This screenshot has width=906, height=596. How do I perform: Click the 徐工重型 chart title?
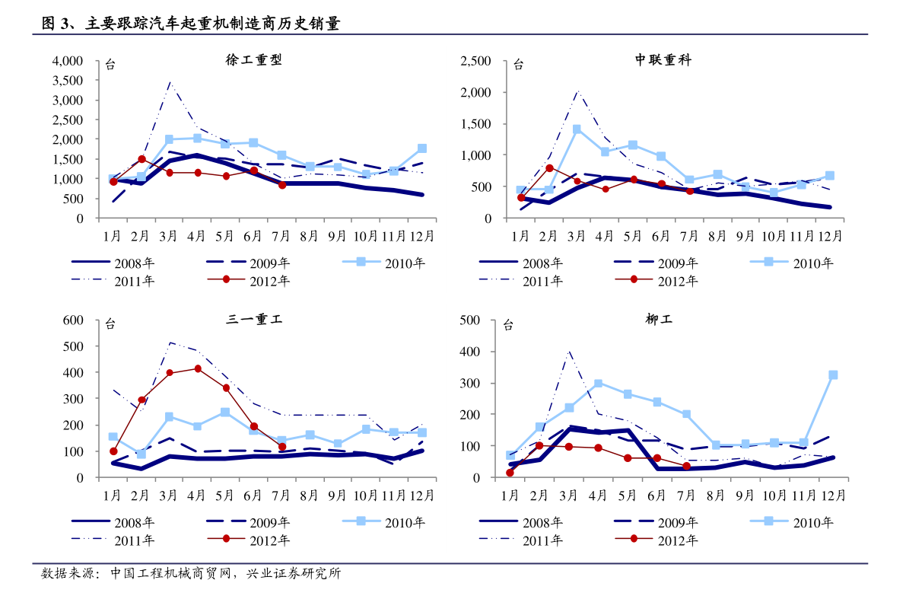click(x=253, y=59)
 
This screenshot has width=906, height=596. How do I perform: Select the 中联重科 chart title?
click(x=663, y=59)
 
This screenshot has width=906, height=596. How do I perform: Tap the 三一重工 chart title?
click(x=253, y=319)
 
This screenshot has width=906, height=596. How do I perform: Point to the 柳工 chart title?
click(x=659, y=319)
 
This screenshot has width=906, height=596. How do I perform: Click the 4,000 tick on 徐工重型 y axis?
click(x=68, y=62)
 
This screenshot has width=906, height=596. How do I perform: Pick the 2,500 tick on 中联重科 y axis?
click(x=475, y=62)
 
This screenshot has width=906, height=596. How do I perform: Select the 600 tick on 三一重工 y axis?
click(x=73, y=320)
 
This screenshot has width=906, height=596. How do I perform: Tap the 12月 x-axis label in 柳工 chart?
click(x=833, y=496)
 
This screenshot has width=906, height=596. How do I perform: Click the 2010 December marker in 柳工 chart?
click(x=833, y=375)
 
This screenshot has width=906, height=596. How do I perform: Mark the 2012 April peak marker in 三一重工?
click(x=198, y=369)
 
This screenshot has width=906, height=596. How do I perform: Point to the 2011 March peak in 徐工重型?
click(x=170, y=83)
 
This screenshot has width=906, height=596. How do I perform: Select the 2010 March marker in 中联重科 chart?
click(x=577, y=129)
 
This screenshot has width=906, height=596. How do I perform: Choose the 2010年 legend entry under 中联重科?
click(x=792, y=263)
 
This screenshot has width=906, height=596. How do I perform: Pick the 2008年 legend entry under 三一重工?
click(x=113, y=523)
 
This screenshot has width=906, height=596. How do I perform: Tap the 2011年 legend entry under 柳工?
click(x=521, y=540)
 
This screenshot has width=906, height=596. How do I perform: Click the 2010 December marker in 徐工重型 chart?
click(x=422, y=148)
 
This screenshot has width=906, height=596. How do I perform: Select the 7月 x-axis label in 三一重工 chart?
click(x=281, y=496)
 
